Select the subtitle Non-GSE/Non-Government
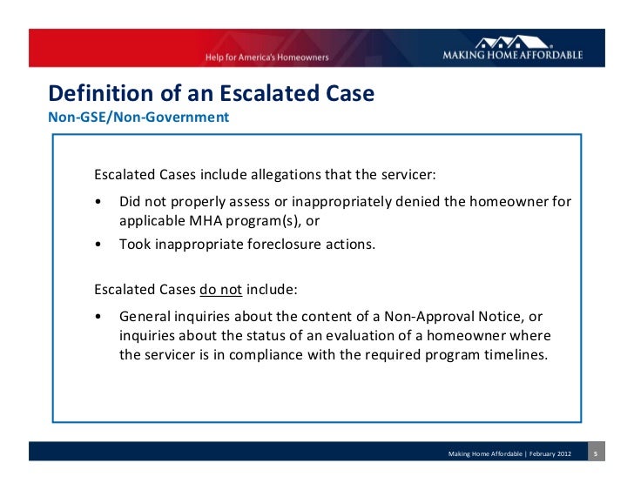point(138,115)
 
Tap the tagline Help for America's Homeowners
point(266,57)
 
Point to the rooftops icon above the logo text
point(513,41)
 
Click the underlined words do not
point(220,289)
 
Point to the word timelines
point(516,355)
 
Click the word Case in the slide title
point(346,92)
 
